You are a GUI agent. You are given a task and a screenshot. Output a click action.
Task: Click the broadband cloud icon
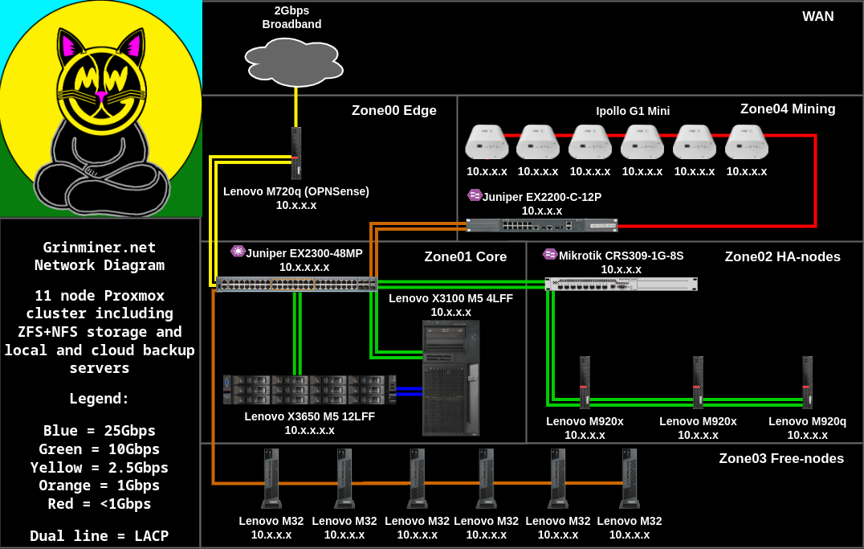[x=294, y=62]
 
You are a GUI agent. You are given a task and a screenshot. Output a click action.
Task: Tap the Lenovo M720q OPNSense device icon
[x=296, y=153]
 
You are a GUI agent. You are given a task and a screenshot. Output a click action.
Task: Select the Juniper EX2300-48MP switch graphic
[x=296, y=284]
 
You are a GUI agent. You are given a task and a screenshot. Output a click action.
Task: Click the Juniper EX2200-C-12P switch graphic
[x=542, y=225]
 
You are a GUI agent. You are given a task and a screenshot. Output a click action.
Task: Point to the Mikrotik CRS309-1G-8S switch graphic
[x=621, y=284]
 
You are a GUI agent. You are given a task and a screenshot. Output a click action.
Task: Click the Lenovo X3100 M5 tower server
[x=450, y=377]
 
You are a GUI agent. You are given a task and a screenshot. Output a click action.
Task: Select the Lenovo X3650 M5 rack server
[x=309, y=390]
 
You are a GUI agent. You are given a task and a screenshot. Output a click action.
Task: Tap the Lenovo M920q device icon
[x=807, y=383]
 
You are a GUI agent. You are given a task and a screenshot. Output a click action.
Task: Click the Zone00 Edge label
[x=393, y=111]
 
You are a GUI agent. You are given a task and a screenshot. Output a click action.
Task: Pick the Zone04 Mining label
[x=787, y=109]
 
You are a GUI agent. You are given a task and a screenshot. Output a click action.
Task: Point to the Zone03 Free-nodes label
[x=780, y=459]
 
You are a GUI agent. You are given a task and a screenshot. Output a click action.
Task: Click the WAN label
[x=817, y=17]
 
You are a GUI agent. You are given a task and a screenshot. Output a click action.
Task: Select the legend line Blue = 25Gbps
[x=100, y=431]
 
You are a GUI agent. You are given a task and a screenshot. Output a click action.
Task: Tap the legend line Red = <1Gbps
[x=100, y=504]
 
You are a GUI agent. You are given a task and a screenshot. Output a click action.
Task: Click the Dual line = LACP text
[x=100, y=536]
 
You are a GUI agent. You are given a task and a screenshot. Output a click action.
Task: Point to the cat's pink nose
[x=101, y=95]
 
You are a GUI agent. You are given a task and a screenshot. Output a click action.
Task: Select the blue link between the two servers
[x=410, y=391]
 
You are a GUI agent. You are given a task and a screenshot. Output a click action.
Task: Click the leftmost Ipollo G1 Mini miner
[x=487, y=142]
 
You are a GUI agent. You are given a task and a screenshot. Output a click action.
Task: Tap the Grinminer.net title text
[x=100, y=248]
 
